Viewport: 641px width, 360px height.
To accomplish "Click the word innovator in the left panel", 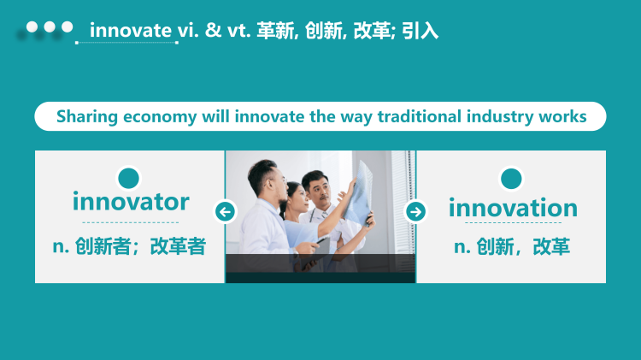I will tap(131, 203).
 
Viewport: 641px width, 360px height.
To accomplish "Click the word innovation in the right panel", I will tap(513, 208).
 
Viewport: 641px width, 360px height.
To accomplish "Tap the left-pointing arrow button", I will tap(225, 211).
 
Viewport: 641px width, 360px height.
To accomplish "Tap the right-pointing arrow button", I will tap(416, 211).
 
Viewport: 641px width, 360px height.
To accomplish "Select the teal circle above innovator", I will tap(128, 178).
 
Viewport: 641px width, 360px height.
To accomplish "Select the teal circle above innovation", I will tap(511, 179).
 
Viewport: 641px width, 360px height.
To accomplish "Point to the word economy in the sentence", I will tap(160, 117).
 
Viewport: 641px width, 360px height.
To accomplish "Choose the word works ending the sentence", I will tap(563, 117).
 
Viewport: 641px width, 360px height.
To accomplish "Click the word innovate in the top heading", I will tap(130, 31).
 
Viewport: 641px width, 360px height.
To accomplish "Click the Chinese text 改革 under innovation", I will tap(551, 247).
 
